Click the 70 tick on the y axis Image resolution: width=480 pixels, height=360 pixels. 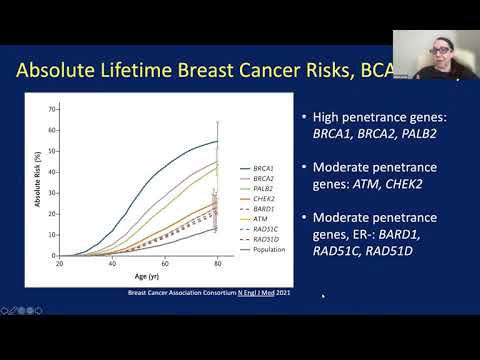51,107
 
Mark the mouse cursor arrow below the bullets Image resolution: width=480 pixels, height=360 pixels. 322,296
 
